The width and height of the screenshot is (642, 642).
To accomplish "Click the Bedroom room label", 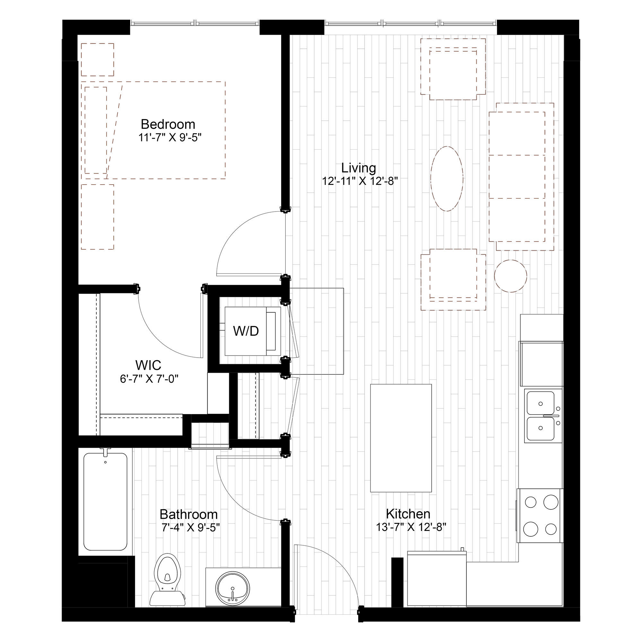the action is [168, 124].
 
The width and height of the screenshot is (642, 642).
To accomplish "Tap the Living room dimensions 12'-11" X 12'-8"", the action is [360, 181].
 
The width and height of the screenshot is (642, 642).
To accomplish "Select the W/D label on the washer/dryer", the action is [246, 331].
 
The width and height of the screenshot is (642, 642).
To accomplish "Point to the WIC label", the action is [148, 365].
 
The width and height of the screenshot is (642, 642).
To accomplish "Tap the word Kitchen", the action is [408, 514].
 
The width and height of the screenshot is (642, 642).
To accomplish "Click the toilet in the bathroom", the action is [168, 579].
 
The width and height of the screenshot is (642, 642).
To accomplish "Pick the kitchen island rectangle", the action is [401, 438].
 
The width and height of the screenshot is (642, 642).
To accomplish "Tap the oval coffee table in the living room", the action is [447, 179].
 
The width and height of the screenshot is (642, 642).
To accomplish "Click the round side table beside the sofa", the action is [510, 276].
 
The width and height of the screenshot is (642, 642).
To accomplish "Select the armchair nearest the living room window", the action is [453, 69].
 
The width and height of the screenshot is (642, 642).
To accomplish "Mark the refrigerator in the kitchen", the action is [437, 578].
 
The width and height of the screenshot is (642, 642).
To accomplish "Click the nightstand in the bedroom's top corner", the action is [97, 59].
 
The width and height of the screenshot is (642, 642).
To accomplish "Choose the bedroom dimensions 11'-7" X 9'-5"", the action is [170, 138].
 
